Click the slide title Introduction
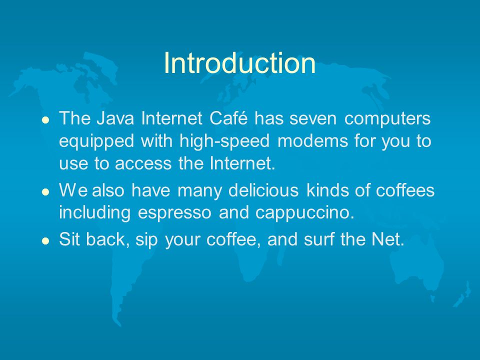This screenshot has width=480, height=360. (239, 63)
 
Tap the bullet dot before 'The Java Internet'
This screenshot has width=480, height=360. (45, 119)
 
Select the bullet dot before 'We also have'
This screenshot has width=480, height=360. (45, 192)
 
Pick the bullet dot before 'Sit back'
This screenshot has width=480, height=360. (45, 241)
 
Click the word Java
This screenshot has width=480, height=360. (115, 118)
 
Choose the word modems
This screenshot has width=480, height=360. (312, 141)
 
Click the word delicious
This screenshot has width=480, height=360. (263, 190)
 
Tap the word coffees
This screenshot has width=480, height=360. (405, 190)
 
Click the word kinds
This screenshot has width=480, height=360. (326, 190)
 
